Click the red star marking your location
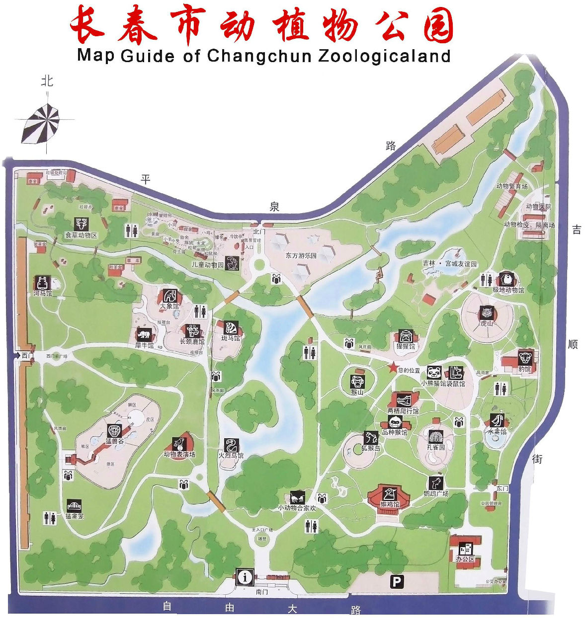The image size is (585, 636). tap(393, 368)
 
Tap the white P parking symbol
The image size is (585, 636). tap(396, 582)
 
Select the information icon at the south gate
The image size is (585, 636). tap(245, 577)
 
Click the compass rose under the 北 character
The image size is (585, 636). tap(41, 122)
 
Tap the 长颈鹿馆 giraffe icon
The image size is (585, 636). tap(192, 331)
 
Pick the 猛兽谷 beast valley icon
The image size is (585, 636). tap(114, 430)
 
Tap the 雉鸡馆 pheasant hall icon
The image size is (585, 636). tap(389, 494)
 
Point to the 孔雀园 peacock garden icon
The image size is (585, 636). tap(435, 436)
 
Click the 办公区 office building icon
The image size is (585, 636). tap(465, 549)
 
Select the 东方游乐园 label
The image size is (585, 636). tap(301, 256)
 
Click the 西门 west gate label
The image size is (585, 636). tap(26, 355)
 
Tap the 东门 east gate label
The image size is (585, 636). tap(501, 488)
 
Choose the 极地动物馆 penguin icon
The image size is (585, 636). tap(506, 279)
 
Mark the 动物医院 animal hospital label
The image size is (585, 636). tap(539, 206)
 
